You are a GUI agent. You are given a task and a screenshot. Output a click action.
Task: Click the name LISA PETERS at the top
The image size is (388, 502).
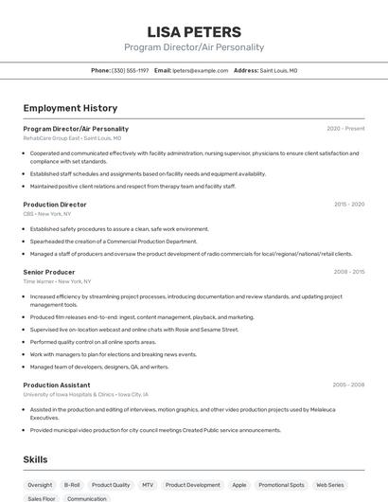coord(194,31)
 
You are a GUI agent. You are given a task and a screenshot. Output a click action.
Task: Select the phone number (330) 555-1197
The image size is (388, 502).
coord(130,70)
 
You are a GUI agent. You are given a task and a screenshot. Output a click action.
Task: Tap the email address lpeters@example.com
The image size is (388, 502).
coord(201,70)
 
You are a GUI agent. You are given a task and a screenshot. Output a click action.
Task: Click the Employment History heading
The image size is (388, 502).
coord(70,108)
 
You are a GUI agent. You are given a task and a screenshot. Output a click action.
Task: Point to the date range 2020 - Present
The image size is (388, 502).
coord(345,129)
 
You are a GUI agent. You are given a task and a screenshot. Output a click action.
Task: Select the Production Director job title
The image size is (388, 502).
coord(55,205)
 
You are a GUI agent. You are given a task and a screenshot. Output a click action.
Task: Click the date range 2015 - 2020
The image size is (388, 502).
coord(348,205)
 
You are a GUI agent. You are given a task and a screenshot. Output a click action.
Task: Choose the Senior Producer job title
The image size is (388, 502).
coord(50,272)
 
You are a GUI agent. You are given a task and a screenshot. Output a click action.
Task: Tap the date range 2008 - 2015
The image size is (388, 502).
coord(348,272)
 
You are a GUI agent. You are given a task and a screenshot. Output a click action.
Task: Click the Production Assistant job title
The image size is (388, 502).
coord(57,385)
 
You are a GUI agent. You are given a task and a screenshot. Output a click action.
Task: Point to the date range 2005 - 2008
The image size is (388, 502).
coord(348,385)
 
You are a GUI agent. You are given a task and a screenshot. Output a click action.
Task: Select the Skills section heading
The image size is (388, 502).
coord(36,459)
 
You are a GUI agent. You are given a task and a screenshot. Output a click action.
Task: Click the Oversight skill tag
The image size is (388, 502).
coord(40,485)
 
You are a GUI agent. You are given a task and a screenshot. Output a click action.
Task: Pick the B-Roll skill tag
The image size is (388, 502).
coord(72,485)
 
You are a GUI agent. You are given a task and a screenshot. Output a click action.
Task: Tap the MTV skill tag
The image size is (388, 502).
coord(148,485)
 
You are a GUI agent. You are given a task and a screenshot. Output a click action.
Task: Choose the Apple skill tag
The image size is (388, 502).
coord(239,485)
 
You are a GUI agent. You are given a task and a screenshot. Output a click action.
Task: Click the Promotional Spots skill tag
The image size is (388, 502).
coord(281,485)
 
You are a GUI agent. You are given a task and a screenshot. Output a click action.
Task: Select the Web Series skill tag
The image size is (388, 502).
coord(330,485)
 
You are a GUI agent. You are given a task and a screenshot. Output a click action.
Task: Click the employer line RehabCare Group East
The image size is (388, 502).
coord(52,138)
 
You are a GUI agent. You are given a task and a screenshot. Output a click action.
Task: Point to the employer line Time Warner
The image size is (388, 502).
coord(39,281)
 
